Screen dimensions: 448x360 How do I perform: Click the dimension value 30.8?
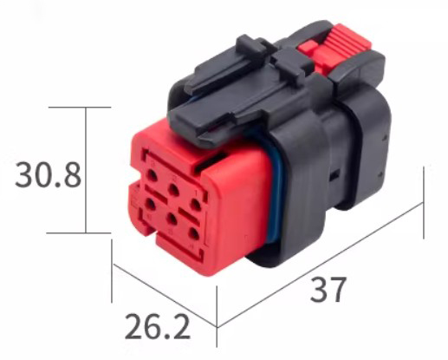(x=48, y=175)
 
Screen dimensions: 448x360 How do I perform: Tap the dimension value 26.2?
(x=158, y=327)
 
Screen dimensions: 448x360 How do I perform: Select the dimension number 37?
(x=328, y=290)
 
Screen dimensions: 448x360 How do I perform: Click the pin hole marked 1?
(x=196, y=206)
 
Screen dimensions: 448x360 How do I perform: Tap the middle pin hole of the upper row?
(x=173, y=189)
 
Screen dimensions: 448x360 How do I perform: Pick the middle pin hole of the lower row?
(x=172, y=219)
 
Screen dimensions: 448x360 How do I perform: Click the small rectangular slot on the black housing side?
(x=334, y=175)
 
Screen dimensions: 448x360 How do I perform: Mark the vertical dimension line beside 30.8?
(x=86, y=170)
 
